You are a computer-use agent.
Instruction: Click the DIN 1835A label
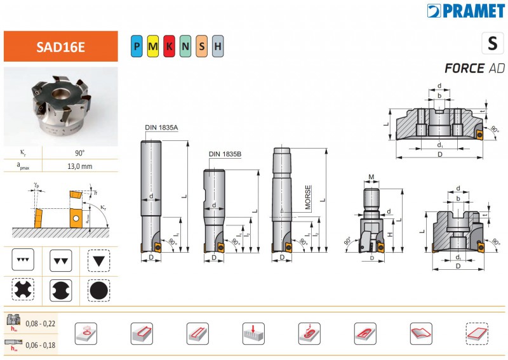click(161, 128)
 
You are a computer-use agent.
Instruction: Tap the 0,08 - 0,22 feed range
click(39, 324)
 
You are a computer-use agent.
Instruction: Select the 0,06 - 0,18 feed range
click(39, 345)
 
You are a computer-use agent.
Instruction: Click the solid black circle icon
click(99, 291)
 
